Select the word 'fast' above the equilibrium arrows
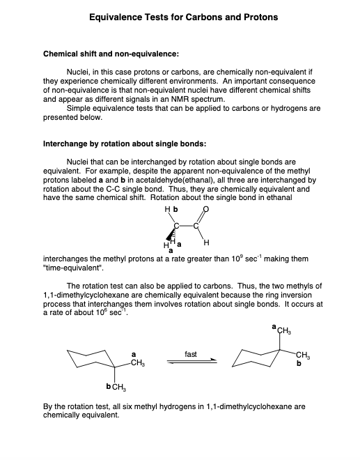(190, 355)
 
